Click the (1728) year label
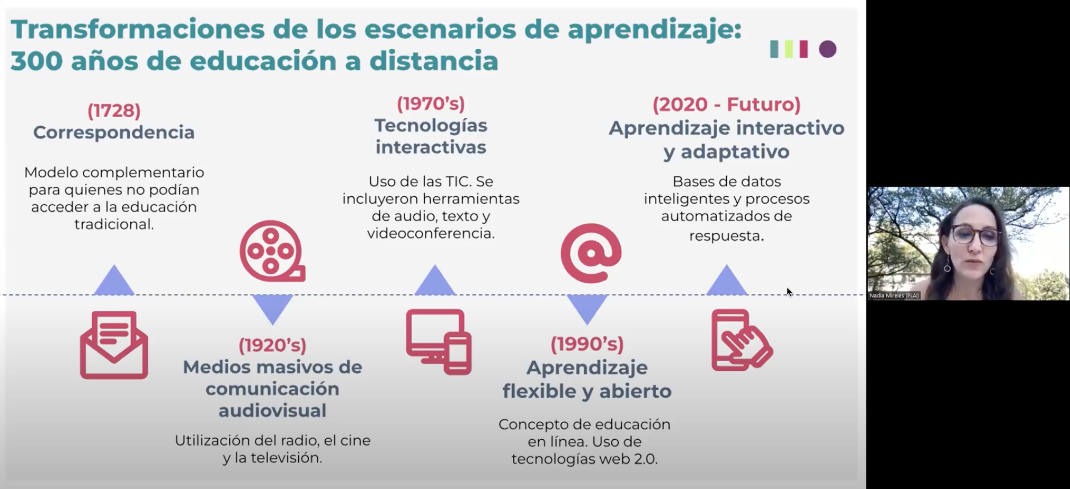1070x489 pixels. point(114,110)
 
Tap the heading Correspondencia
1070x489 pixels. point(114,132)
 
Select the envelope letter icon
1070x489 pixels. point(114,345)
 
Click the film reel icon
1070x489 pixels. point(272,251)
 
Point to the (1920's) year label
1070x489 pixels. point(272,345)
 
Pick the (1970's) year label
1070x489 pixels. point(431,103)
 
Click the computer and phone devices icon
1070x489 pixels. point(439,342)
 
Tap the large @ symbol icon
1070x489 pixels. point(591,253)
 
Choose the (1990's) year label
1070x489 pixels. point(587,344)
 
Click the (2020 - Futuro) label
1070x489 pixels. point(726,104)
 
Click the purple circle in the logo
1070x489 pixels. point(827,49)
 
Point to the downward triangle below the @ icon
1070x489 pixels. point(587,308)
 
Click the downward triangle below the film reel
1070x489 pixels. point(272,308)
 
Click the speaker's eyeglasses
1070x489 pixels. point(974,234)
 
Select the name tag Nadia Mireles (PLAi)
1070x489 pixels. point(894,295)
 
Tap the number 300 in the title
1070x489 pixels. point(36,61)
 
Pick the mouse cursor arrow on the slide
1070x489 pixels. point(789,292)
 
